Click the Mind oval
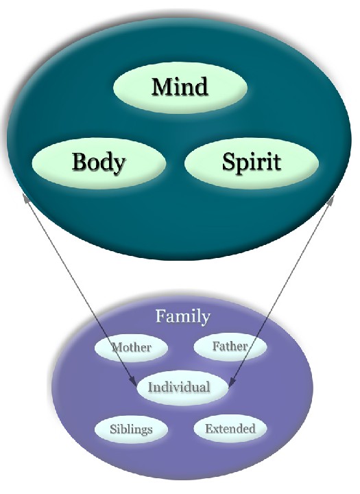click(x=180, y=87)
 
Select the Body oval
click(x=99, y=163)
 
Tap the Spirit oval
click(x=252, y=163)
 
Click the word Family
click(x=182, y=316)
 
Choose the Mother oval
click(x=132, y=347)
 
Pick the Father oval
click(x=230, y=346)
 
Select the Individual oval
click(x=182, y=387)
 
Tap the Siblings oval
click(x=132, y=429)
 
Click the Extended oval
click(x=230, y=428)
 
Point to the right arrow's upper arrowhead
click(x=331, y=200)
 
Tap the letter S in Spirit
click(x=229, y=161)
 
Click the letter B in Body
click(x=80, y=161)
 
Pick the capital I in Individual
click(x=151, y=387)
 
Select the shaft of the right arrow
click(x=281, y=290)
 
